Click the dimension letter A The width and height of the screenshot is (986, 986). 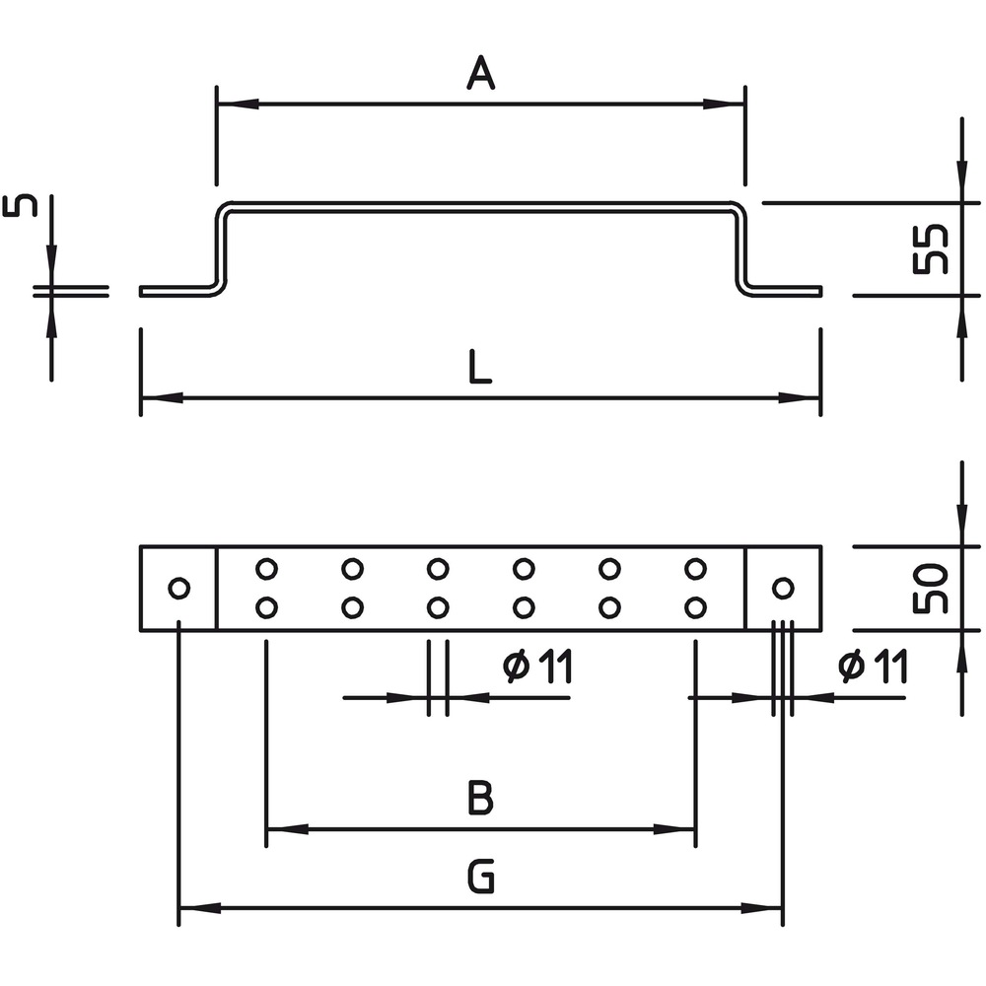pyautogui.click(x=481, y=72)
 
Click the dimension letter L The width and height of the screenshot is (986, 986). pyautogui.click(x=480, y=367)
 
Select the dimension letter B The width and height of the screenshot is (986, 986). pyautogui.click(x=480, y=797)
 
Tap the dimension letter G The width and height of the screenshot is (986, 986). pyautogui.click(x=481, y=877)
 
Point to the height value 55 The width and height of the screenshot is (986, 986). pyautogui.click(x=931, y=249)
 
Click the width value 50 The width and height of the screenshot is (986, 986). pyautogui.click(x=931, y=589)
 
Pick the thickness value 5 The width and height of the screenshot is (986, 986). pyautogui.click(x=20, y=206)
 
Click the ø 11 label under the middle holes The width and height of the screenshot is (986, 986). pyautogui.click(x=538, y=668)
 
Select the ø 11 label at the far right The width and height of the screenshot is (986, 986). pyautogui.click(x=873, y=668)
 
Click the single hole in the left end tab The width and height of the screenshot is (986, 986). pyautogui.click(x=179, y=589)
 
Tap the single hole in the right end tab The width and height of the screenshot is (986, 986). pyautogui.click(x=783, y=589)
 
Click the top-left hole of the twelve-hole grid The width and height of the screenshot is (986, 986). pyautogui.click(x=266, y=569)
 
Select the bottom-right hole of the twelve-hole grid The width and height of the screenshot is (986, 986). pyautogui.click(x=695, y=608)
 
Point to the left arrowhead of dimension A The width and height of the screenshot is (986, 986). pyautogui.click(x=238, y=104)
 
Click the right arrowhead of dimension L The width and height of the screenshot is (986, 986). pyautogui.click(x=800, y=398)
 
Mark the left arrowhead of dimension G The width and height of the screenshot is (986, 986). pyautogui.click(x=200, y=908)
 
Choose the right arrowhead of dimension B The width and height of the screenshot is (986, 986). pyautogui.click(x=674, y=829)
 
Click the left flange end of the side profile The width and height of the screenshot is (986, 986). pyautogui.click(x=141, y=291)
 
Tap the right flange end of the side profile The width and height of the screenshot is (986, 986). pyautogui.click(x=819, y=291)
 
